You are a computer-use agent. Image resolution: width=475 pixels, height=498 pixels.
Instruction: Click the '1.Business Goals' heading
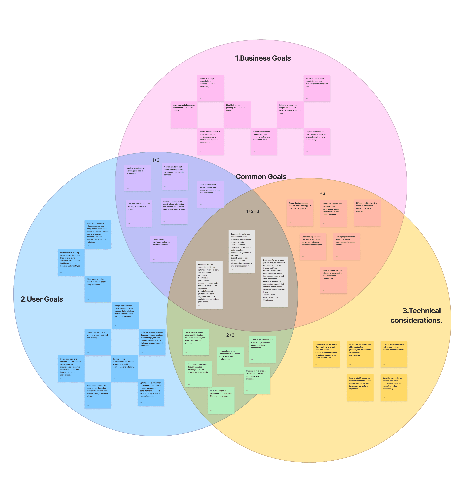[x=263, y=58]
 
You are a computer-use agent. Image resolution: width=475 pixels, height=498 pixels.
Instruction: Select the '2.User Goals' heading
[x=42, y=299]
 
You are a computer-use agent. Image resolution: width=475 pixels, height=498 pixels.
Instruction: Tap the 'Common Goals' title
[x=261, y=177]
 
